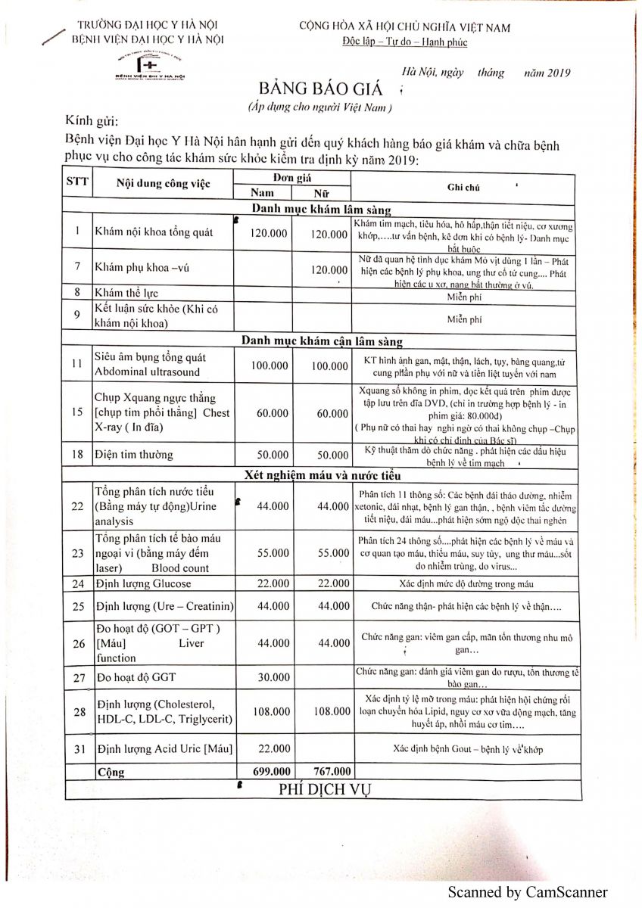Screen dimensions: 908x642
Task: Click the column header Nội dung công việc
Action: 164,184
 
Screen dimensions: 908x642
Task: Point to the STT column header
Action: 77,182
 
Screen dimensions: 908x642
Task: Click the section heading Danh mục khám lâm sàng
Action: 321,210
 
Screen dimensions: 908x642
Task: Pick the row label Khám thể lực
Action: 126,293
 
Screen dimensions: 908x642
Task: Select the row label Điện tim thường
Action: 134,455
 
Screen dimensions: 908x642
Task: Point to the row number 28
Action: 78,711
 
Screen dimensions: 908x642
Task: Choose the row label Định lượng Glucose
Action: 143,583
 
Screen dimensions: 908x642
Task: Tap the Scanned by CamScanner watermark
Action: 527,892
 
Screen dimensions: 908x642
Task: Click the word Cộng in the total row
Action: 111,773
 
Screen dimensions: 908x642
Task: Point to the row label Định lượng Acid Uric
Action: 164,749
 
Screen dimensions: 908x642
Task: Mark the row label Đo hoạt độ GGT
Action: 136,677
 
